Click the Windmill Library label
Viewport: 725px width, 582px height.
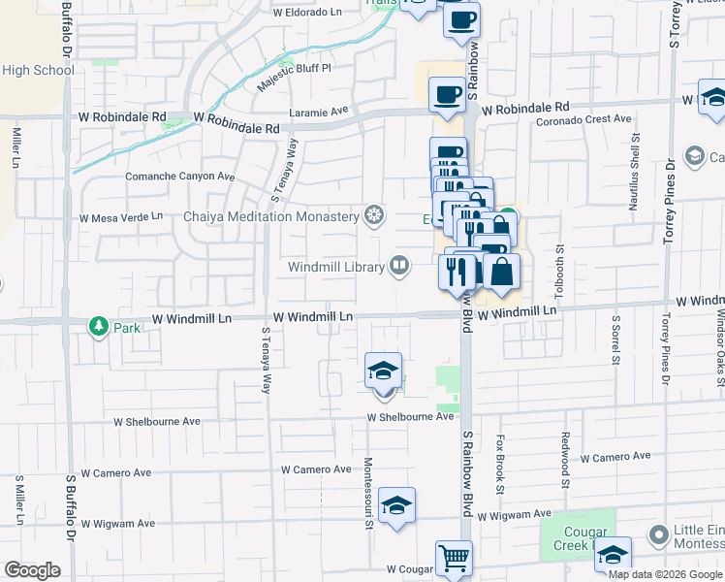click(x=336, y=266)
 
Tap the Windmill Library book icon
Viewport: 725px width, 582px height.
click(x=399, y=266)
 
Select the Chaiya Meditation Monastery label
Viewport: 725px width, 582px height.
click(x=271, y=216)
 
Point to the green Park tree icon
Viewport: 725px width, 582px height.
click(x=98, y=327)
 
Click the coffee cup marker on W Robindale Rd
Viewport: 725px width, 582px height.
click(x=447, y=95)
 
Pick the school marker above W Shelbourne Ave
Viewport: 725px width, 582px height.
click(x=384, y=372)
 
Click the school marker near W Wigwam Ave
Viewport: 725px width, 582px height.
click(x=396, y=506)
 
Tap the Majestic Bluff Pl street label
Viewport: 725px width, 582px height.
click(x=294, y=78)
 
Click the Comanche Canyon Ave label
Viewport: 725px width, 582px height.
click(x=180, y=177)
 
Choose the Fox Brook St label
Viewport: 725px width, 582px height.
click(x=501, y=464)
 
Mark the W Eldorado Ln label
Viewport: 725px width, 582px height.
click(x=308, y=14)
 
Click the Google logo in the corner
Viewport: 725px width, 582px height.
click(x=32, y=569)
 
